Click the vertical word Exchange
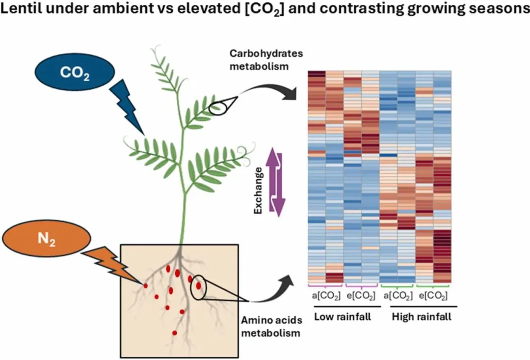(x=258, y=190)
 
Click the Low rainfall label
(x=342, y=317)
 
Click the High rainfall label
(x=422, y=317)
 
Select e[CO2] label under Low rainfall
(x=361, y=296)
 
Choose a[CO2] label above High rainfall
(x=397, y=296)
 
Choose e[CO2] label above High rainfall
(x=433, y=296)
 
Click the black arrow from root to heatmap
(x=272, y=292)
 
